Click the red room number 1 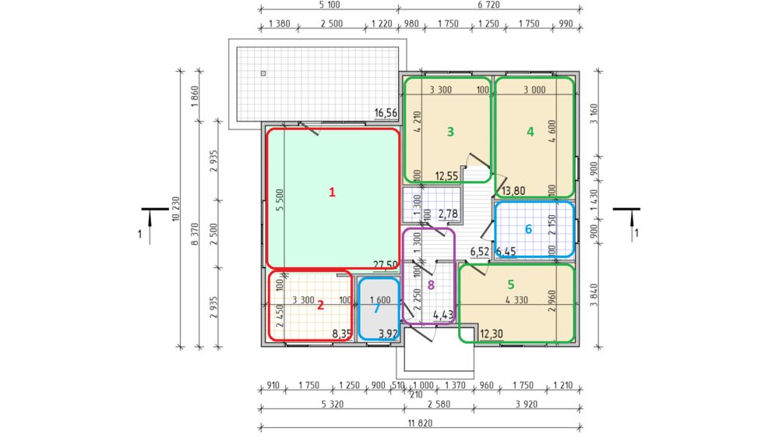click(x=332, y=193)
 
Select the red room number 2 click(x=320, y=306)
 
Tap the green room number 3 click(x=450, y=132)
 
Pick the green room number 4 click(x=530, y=132)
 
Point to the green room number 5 click(x=511, y=284)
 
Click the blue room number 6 click(x=528, y=229)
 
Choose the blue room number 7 click(x=376, y=309)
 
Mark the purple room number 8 click(x=431, y=285)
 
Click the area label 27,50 click(x=385, y=265)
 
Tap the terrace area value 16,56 click(x=386, y=113)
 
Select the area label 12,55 click(x=446, y=176)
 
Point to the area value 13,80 click(x=513, y=191)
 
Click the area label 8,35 click(x=342, y=334)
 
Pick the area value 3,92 click(x=388, y=334)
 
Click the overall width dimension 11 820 click(x=421, y=423)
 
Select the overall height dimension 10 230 click(x=175, y=210)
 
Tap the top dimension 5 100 click(x=330, y=5)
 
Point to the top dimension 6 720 click(x=489, y=5)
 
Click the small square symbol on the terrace click(x=263, y=73)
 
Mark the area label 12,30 click(x=492, y=334)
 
